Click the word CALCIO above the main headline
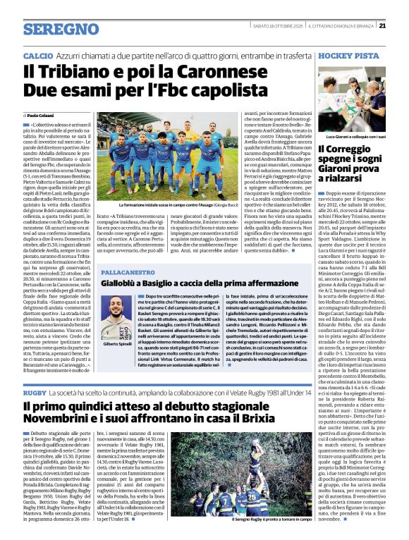coord(37,55)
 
